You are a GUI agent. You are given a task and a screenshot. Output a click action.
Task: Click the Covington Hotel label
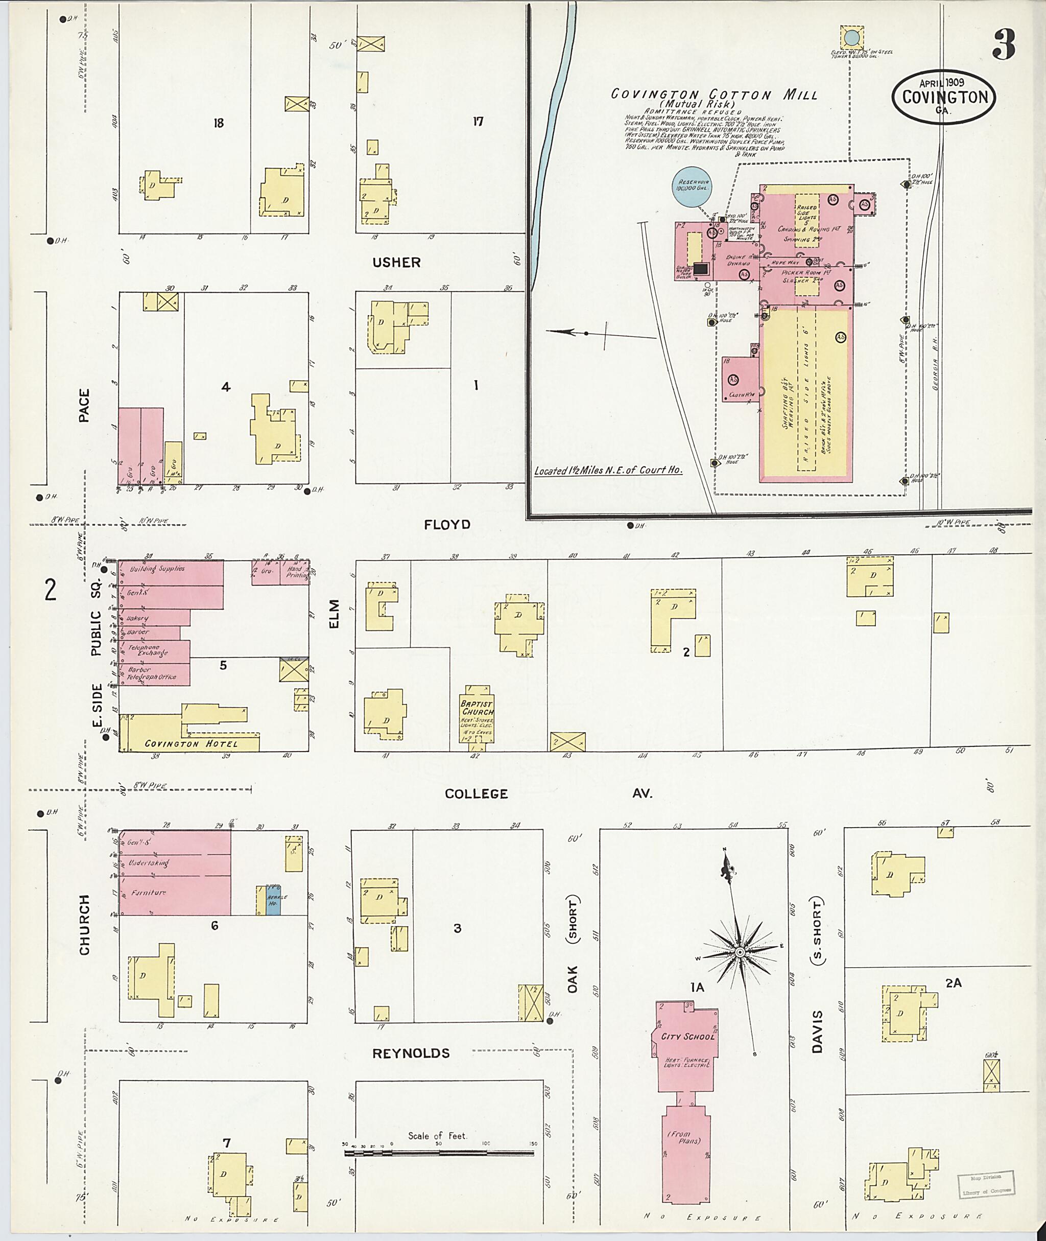click(x=183, y=744)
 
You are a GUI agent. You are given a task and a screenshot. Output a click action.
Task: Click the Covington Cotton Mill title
click(x=714, y=95)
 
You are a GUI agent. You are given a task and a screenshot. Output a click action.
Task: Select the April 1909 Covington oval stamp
click(x=944, y=97)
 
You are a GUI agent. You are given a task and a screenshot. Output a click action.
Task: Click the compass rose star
click(x=740, y=953)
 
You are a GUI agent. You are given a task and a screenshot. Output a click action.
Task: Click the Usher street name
click(x=397, y=262)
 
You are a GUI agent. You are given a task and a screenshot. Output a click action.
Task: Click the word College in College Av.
click(x=477, y=794)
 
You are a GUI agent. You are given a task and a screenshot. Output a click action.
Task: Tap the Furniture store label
click(x=149, y=893)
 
